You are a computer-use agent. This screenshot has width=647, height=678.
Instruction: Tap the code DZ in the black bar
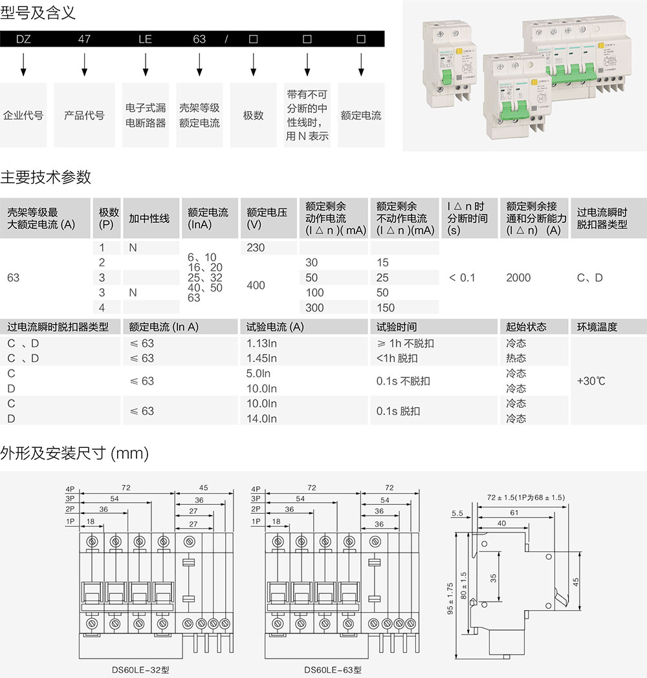coord(23,39)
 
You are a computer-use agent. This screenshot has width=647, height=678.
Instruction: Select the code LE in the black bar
coord(145,39)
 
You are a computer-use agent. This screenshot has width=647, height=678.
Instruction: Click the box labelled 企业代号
coord(23,115)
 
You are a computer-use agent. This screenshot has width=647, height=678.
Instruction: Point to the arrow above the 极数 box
coord(254,64)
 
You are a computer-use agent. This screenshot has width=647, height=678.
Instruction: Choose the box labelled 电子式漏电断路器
coord(146,115)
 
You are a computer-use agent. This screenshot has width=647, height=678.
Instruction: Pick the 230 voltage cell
coord(256,248)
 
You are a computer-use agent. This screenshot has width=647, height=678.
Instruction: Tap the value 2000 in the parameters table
coord(518,277)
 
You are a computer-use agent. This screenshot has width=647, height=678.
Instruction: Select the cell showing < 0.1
coord(462,277)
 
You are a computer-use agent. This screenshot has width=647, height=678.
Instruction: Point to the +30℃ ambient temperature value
coord(591,381)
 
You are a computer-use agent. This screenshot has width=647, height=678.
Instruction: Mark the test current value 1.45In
coord(261,358)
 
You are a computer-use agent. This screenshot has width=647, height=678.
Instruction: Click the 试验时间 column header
coord(397,327)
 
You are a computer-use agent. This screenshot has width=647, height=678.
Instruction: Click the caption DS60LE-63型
coord(333,670)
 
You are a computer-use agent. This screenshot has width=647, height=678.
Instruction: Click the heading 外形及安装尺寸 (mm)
coord(74,454)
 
